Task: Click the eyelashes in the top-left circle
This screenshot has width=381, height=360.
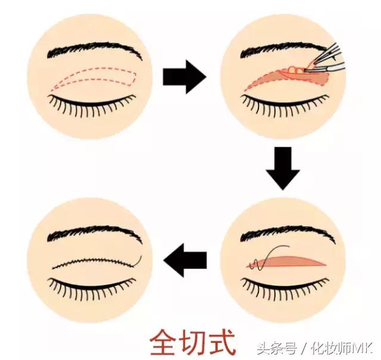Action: tap(95, 107)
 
